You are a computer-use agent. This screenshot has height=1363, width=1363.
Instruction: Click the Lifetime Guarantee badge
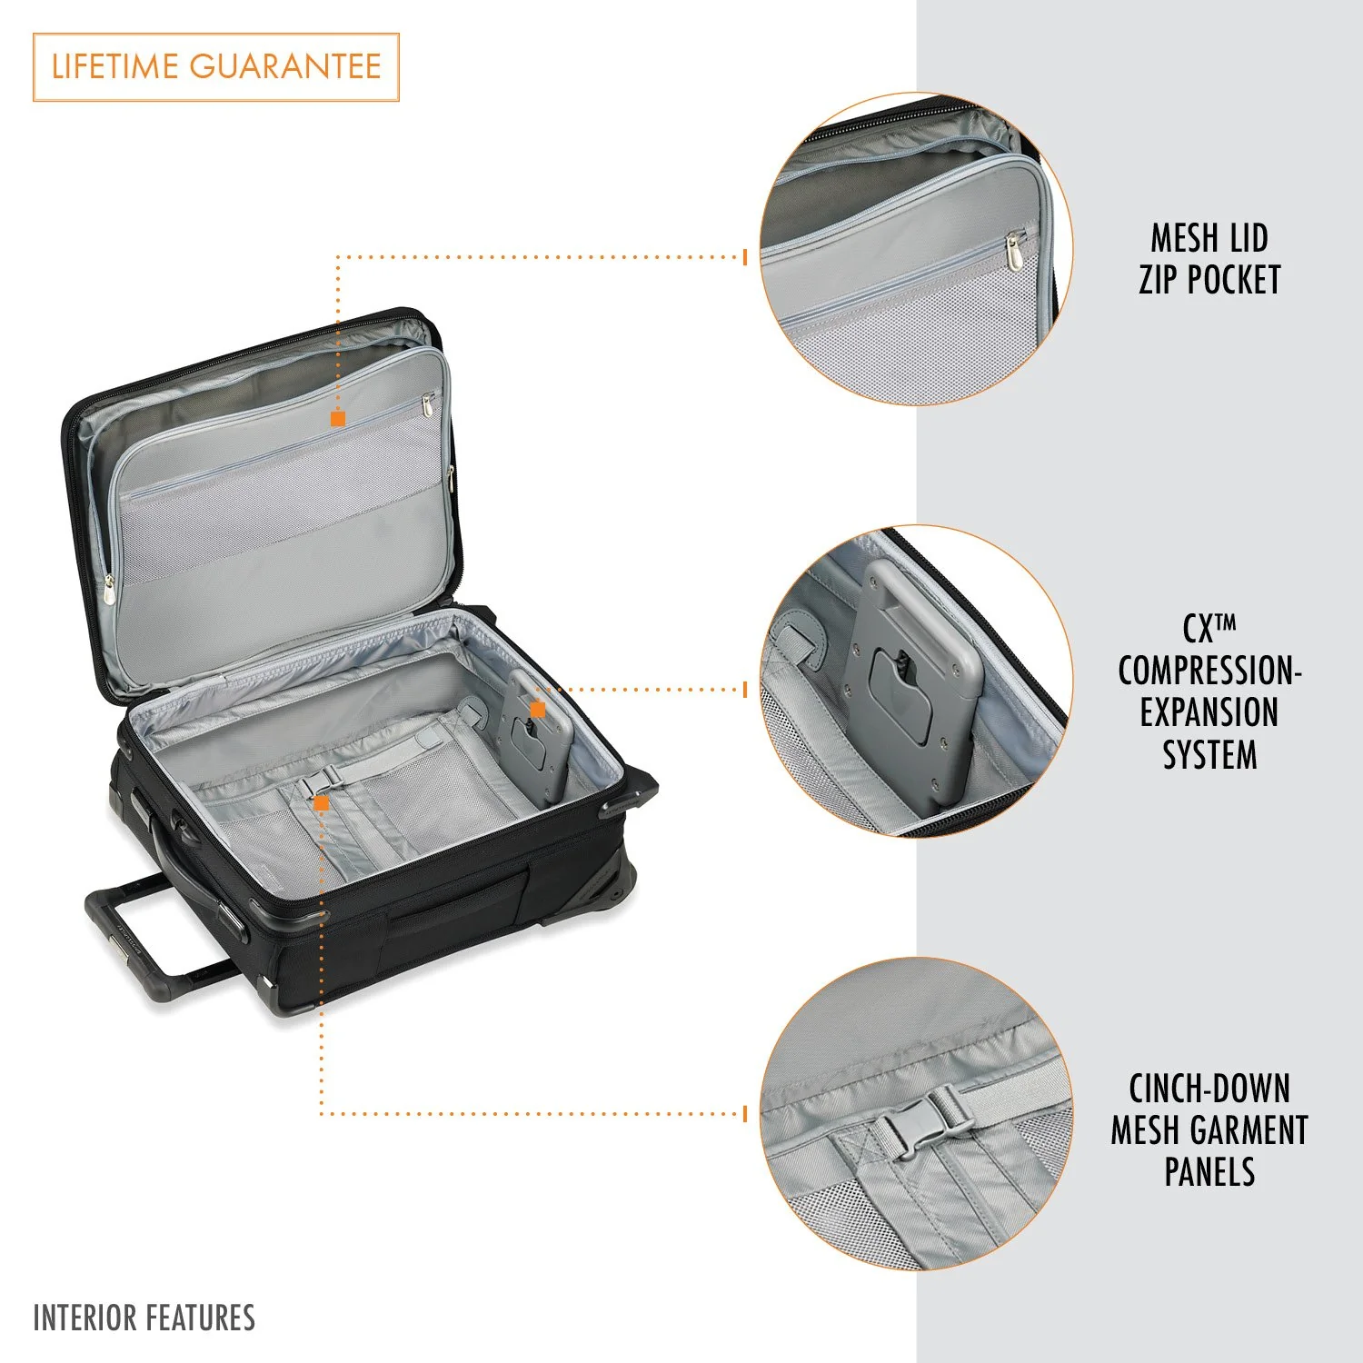pos(216,67)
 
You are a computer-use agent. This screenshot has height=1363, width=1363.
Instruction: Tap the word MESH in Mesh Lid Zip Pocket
pos(1183,239)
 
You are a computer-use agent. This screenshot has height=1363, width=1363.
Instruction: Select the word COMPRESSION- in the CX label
pos(1209,672)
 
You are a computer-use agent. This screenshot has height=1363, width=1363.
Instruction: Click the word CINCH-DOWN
pos(1209,1089)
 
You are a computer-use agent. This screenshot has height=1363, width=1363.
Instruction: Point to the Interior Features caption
pos(144,1318)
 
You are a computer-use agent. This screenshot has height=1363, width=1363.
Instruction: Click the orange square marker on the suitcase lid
pos(338,419)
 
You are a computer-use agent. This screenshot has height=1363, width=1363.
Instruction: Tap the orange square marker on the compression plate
pos(538,709)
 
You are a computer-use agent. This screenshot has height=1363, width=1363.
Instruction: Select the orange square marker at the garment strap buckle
pos(321,803)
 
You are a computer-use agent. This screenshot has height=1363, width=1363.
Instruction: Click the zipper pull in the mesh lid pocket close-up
pos(1013,251)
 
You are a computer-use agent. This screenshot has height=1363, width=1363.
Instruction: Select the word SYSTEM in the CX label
pos(1209,755)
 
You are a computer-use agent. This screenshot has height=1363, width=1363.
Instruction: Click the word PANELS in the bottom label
pos(1209,1172)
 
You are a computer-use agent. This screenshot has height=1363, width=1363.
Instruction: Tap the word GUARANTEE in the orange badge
pos(285,67)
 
